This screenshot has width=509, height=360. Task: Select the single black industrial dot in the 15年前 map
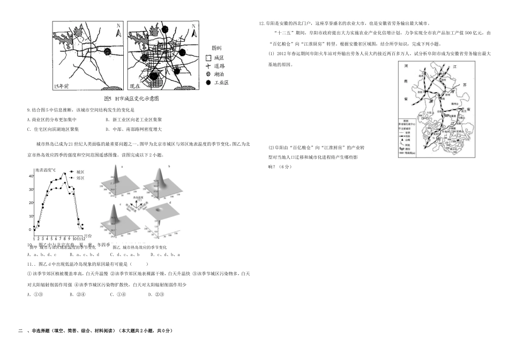tap(107, 52)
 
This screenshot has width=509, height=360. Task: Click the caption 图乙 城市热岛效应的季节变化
tap(140, 247)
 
